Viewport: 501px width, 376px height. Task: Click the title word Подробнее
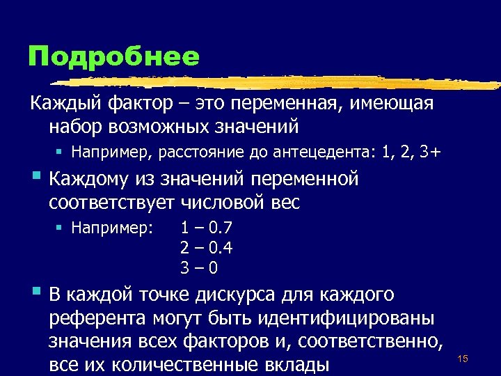pyautogui.click(x=113, y=56)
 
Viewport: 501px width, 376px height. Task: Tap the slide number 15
pyautogui.click(x=462, y=358)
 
